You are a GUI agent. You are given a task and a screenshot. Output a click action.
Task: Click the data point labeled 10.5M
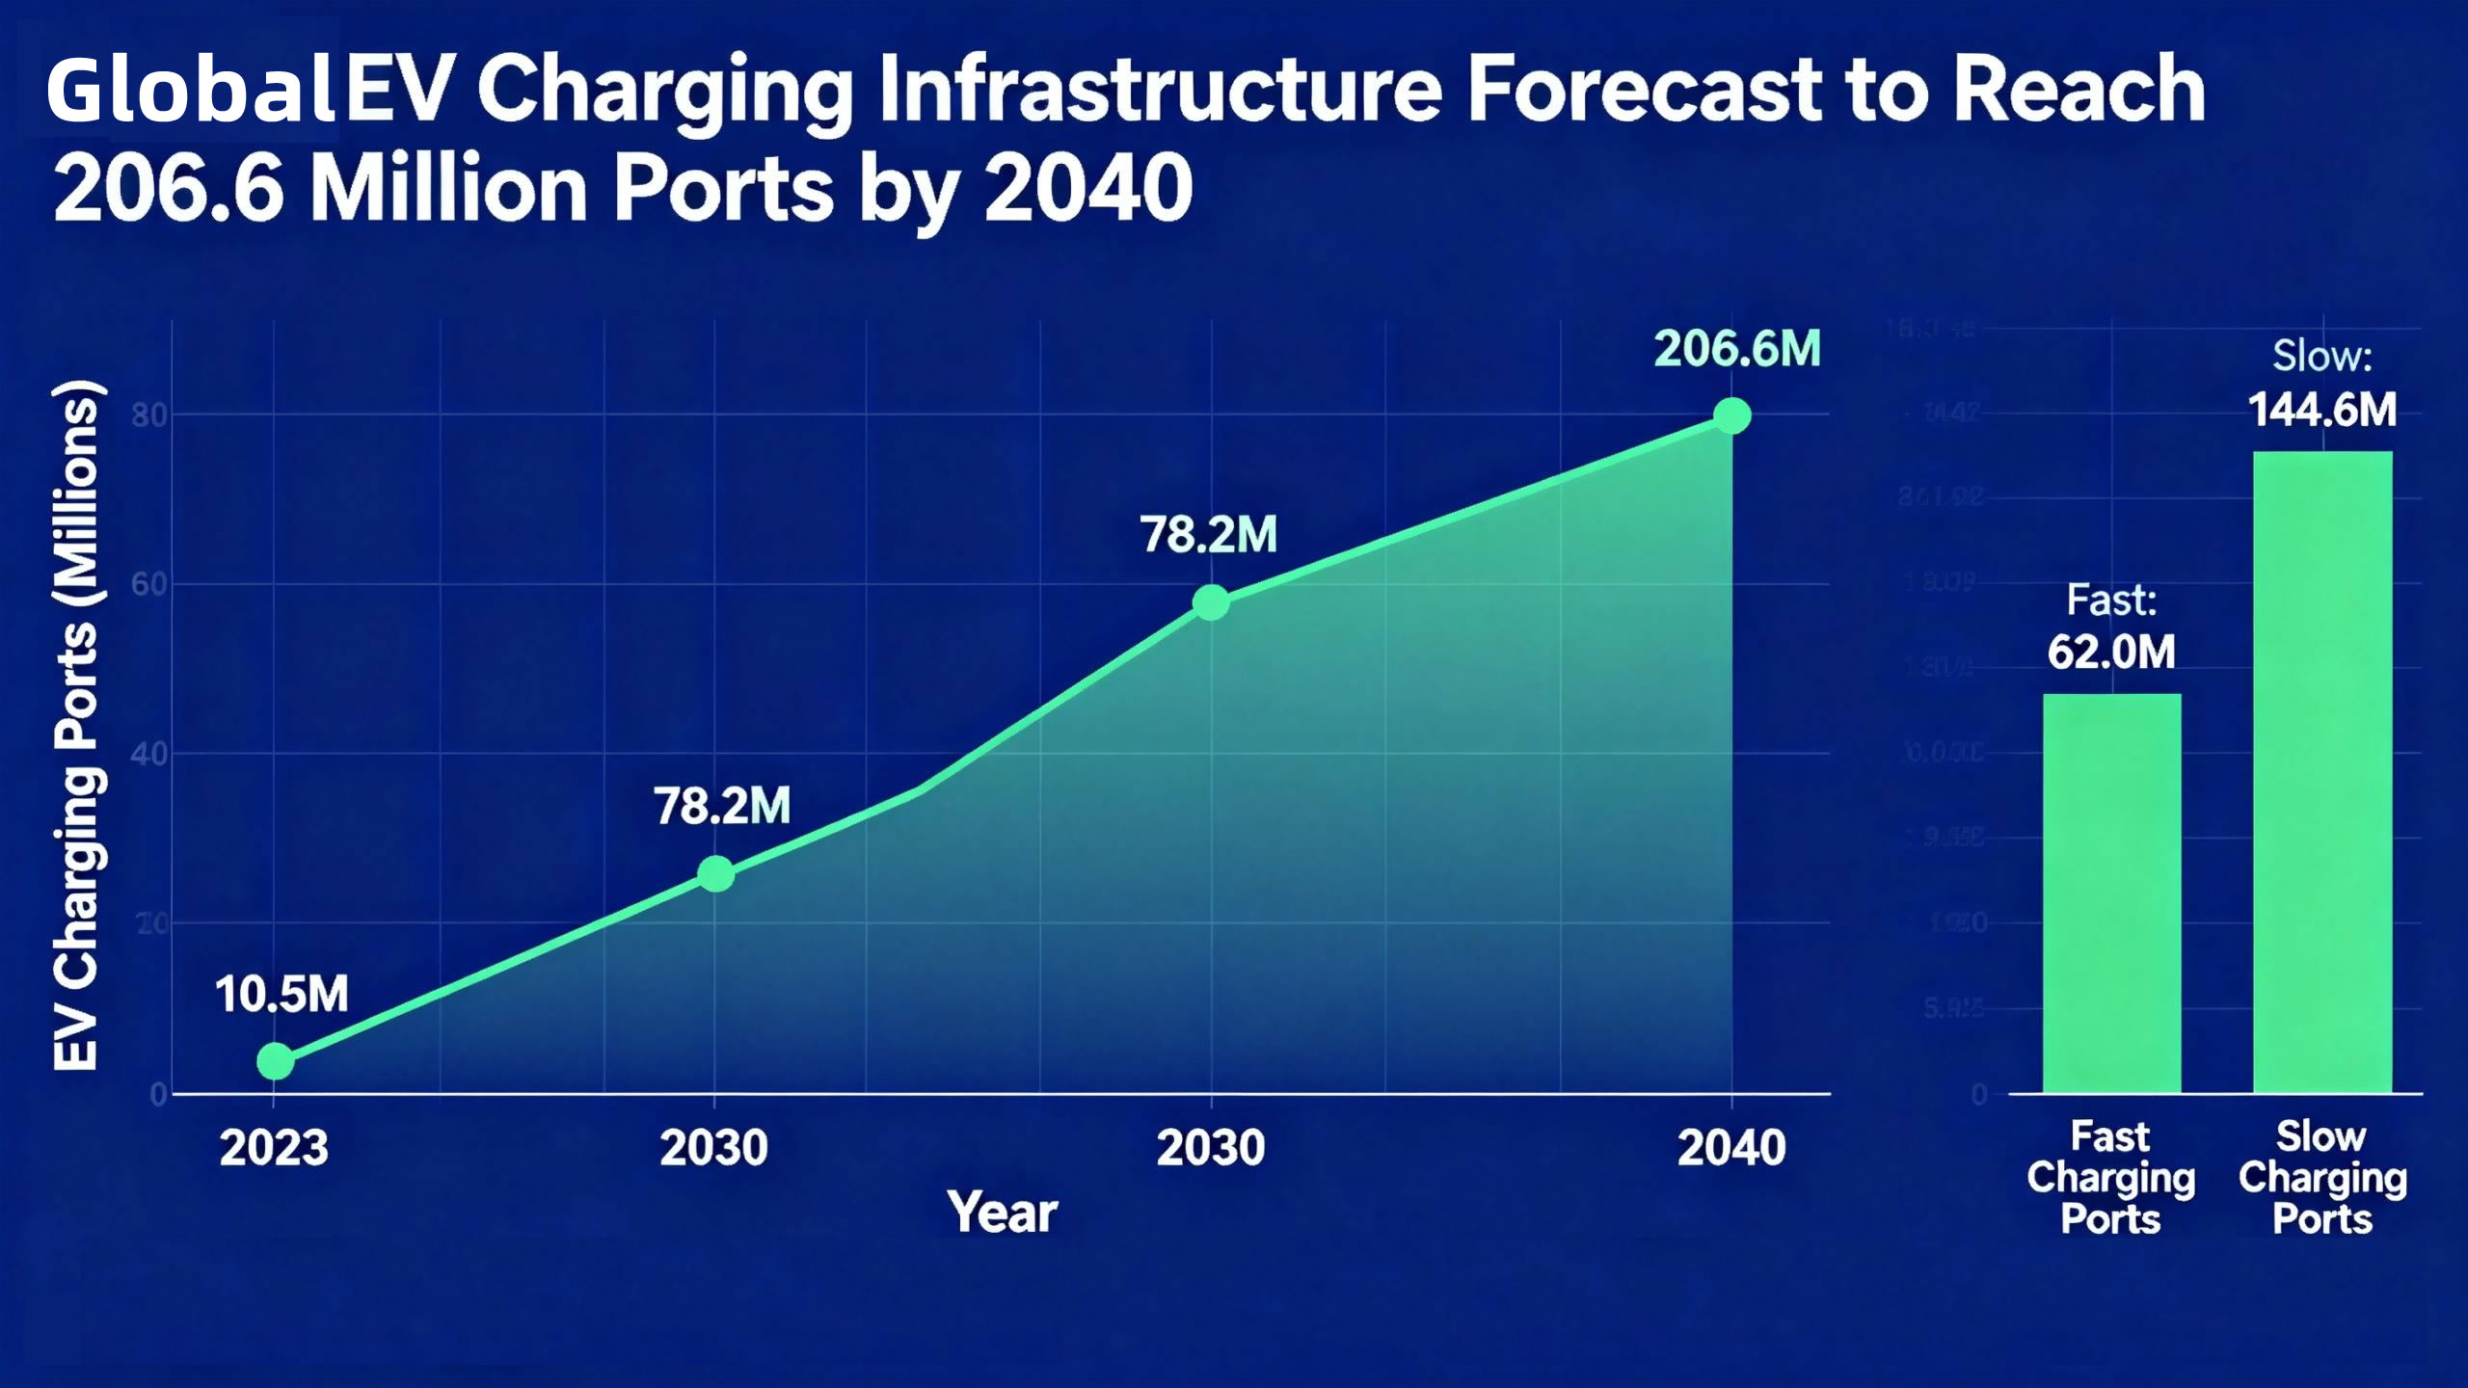[x=275, y=1061]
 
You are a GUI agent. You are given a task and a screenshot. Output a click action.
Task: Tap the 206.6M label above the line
[x=1737, y=349]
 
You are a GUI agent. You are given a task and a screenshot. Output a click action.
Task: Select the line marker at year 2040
[x=1731, y=416]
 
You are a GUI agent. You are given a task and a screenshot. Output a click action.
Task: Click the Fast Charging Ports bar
[x=2111, y=893]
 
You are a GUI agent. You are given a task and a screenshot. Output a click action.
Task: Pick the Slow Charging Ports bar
[x=2321, y=771]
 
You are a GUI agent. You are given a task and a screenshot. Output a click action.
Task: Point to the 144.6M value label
[x=2321, y=411]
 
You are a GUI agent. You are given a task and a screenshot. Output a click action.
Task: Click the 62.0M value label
[x=2111, y=653]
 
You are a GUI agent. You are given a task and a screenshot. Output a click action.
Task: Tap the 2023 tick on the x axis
[x=274, y=1148]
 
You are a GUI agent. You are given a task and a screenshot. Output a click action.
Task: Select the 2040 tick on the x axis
[x=1731, y=1148]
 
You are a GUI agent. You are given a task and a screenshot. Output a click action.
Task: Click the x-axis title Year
[x=1002, y=1212]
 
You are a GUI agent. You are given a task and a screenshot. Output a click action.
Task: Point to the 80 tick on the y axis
[x=149, y=415]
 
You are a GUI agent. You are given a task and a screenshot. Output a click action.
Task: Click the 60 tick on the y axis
[x=149, y=584]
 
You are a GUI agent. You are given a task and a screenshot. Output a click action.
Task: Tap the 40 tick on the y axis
[x=149, y=754]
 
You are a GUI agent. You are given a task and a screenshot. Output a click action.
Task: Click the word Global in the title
[x=190, y=91]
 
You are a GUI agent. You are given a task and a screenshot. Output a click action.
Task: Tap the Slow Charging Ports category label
[x=2321, y=1177]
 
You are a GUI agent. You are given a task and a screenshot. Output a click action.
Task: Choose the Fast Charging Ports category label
[x=2110, y=1177]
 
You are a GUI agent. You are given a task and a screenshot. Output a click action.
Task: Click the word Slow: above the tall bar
[x=2321, y=357]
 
